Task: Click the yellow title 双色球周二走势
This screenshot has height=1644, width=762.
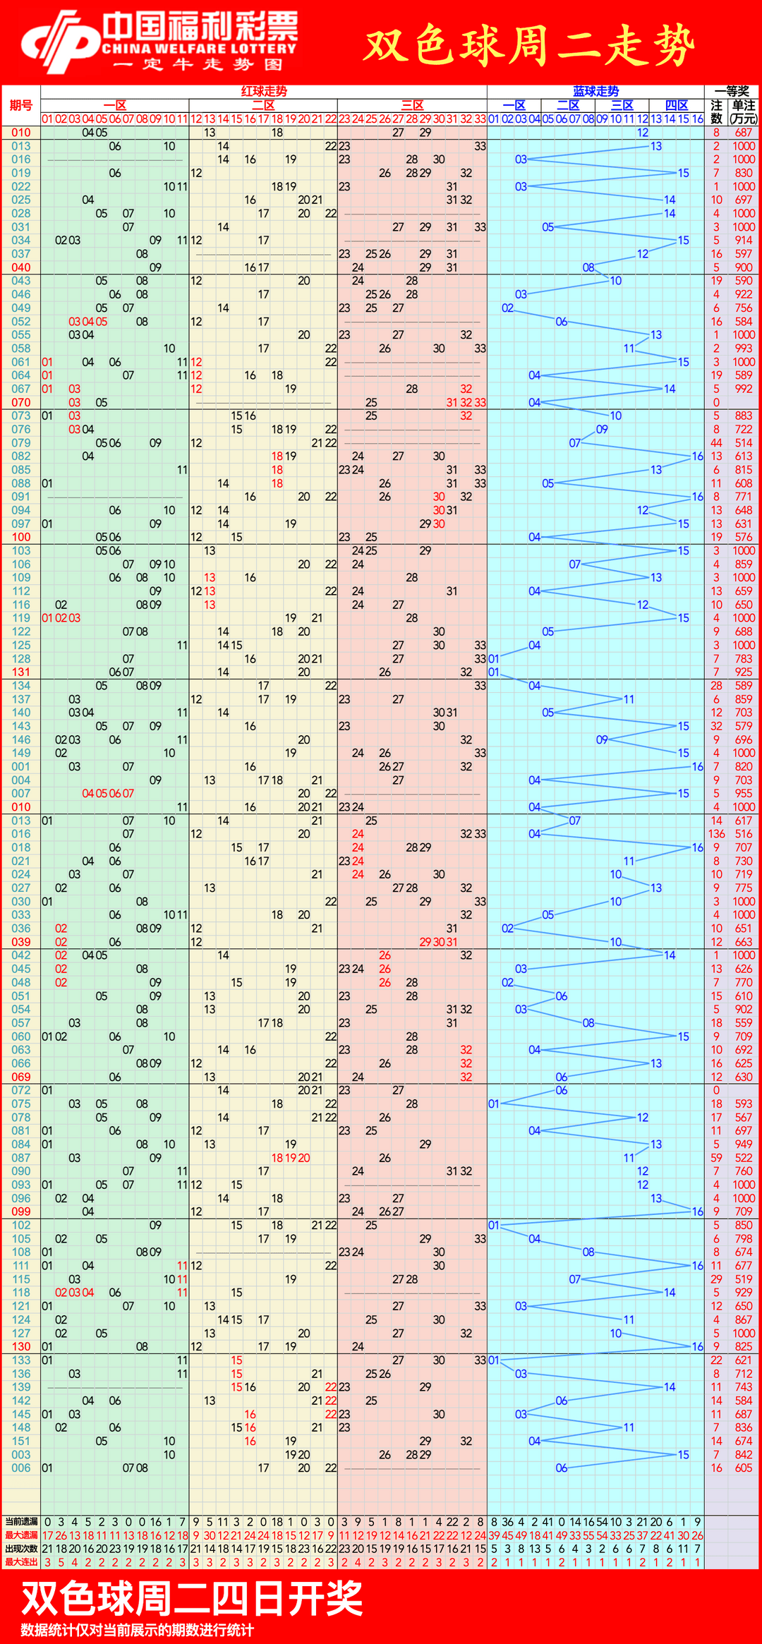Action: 529,45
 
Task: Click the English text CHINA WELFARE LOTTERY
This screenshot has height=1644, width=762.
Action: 199,49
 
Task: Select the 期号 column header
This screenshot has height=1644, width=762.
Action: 21,105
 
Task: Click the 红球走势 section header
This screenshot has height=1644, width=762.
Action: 264,91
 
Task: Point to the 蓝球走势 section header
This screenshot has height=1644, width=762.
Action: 595,91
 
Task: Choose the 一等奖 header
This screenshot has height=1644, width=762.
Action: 732,91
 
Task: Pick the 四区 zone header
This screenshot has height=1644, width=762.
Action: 677,105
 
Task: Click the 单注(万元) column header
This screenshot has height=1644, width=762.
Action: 744,111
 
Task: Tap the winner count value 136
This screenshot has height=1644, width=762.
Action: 717,834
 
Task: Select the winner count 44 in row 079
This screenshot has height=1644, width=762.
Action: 717,442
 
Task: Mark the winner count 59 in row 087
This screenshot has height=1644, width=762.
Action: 717,1158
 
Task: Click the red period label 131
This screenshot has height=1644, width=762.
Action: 21,672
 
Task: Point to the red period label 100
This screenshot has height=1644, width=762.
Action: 21,537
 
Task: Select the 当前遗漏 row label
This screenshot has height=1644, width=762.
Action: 21,1522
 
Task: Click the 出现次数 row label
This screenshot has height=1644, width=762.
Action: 21,1549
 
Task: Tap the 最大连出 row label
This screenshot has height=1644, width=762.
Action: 21,1562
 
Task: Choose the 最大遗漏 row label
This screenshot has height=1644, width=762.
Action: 21,1535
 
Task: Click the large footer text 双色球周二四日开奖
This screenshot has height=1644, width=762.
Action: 192,1599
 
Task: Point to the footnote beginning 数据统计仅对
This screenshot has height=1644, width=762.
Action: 138,1630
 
